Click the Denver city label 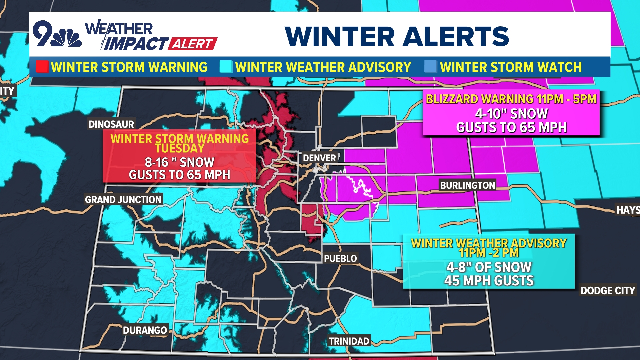pyautogui.click(x=319, y=158)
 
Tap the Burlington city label pyautogui.click(x=467, y=185)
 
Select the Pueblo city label pyautogui.click(x=340, y=258)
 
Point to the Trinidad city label pyautogui.click(x=349, y=341)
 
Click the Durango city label pyautogui.click(x=145, y=330)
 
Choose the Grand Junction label pyautogui.click(x=123, y=199)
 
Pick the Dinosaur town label pyautogui.click(x=111, y=124)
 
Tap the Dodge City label pyautogui.click(x=608, y=290)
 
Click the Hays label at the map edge pyautogui.click(x=628, y=210)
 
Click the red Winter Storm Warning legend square pyautogui.click(x=42, y=67)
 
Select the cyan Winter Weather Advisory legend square pyautogui.click(x=226, y=67)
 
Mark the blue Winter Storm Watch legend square pyautogui.click(x=430, y=67)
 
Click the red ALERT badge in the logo pyautogui.click(x=193, y=44)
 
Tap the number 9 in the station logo pyautogui.click(x=43, y=33)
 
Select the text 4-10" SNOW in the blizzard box pyautogui.click(x=511, y=114)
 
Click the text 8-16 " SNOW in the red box pyautogui.click(x=179, y=162)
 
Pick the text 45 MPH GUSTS pyautogui.click(x=489, y=281)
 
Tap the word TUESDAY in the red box pyautogui.click(x=179, y=148)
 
